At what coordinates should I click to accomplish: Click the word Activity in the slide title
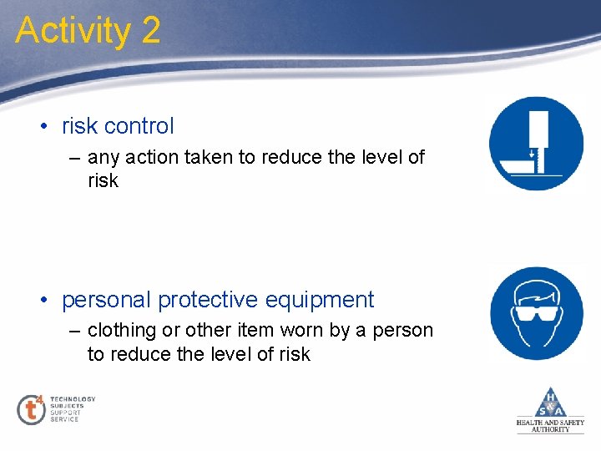(x=73, y=31)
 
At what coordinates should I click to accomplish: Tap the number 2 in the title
(x=150, y=31)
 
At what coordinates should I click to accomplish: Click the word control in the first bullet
(x=139, y=126)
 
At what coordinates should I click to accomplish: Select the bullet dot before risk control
(x=43, y=127)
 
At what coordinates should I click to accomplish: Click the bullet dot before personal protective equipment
(x=43, y=301)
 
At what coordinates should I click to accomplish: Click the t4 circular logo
(x=31, y=409)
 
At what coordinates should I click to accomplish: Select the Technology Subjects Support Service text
(x=72, y=409)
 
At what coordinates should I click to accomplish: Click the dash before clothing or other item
(x=75, y=332)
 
